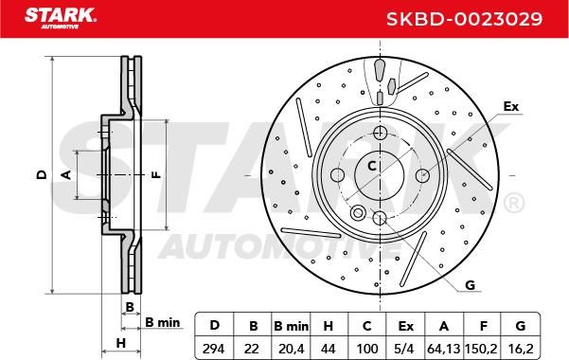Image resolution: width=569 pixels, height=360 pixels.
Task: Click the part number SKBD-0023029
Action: click(464, 19)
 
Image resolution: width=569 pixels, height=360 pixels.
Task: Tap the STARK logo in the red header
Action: click(61, 18)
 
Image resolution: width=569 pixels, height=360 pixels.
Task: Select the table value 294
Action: click(214, 349)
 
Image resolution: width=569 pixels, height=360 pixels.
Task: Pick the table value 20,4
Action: click(291, 349)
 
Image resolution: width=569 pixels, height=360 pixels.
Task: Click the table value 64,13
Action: click(444, 349)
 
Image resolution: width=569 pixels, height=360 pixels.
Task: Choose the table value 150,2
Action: click(482, 349)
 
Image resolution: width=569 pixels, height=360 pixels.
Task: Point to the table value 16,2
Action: click(521, 349)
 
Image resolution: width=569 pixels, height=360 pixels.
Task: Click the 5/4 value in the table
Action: click(405, 349)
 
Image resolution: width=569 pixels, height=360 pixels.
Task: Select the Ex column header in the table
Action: click(405, 326)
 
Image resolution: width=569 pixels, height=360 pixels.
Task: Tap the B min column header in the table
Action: click(291, 326)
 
